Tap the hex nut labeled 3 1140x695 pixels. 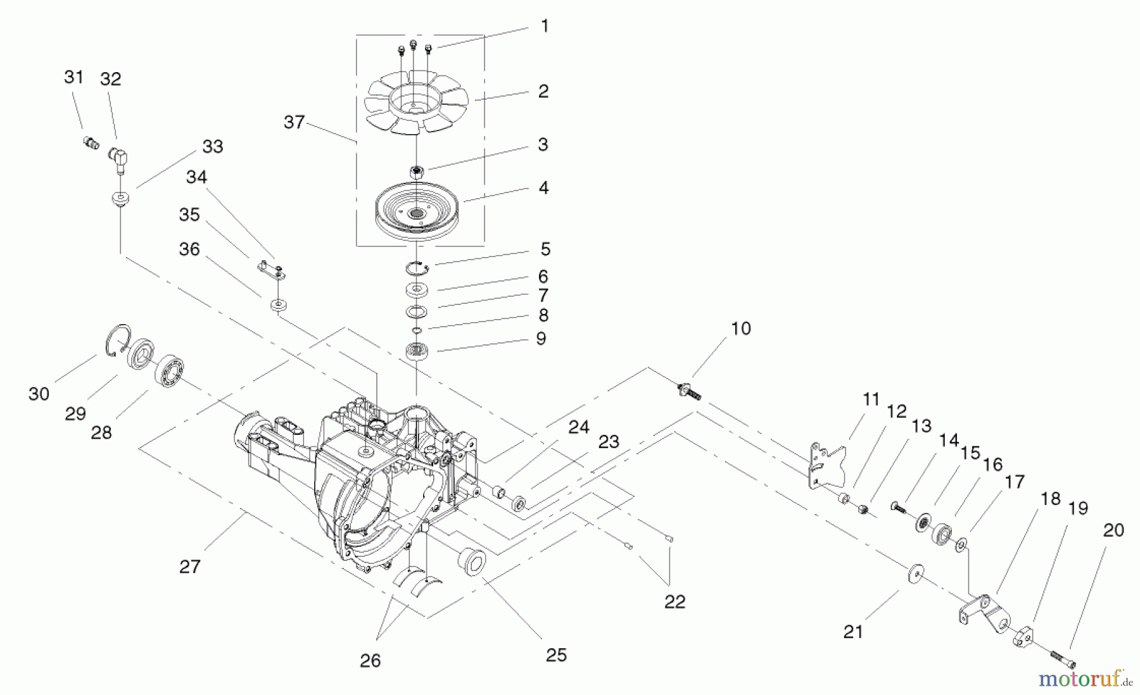[x=416, y=172]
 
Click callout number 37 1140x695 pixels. [x=294, y=122]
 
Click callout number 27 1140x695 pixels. [x=189, y=567]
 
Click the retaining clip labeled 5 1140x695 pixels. [x=418, y=269]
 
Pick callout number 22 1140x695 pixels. [x=674, y=601]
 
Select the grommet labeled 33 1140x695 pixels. [x=118, y=200]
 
